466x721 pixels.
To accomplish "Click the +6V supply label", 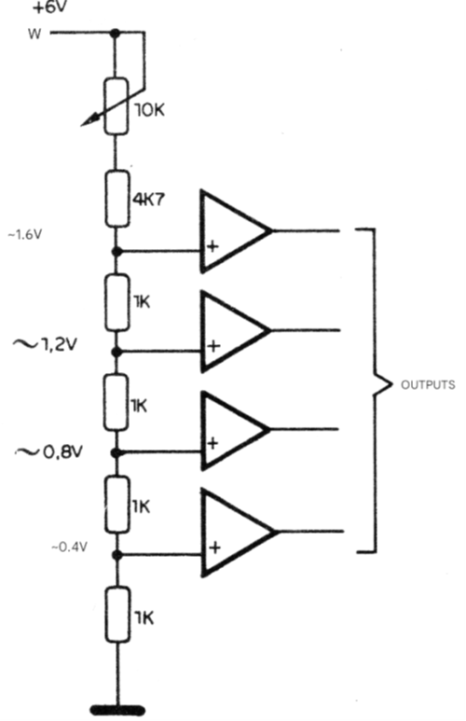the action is click(50, 7).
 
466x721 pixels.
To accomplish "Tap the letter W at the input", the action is click(34, 34).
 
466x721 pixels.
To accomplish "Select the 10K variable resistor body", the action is click(116, 106).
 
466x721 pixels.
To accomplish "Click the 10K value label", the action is click(149, 110).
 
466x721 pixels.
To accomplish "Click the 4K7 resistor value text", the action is click(148, 200).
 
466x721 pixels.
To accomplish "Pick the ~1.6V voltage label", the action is click(25, 235).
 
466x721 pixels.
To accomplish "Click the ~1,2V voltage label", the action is click(45, 344).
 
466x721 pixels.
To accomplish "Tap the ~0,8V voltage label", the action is click(49, 452).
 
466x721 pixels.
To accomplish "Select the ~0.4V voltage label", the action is click(69, 547).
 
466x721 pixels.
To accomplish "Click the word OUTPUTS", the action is click(428, 385).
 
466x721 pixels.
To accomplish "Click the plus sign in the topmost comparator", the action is click(212, 246).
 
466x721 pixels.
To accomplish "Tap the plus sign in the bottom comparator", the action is click(214, 548).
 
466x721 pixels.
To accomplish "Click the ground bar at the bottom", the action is click(117, 710).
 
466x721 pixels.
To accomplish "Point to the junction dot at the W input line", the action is click(116, 33).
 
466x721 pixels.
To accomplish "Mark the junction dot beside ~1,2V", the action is click(117, 352).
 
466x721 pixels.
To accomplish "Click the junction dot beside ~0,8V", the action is click(117, 453).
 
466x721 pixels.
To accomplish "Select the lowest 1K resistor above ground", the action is click(117, 615).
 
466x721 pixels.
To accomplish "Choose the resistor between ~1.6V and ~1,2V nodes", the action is click(116, 302).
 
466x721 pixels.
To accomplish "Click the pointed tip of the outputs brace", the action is click(391, 384).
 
